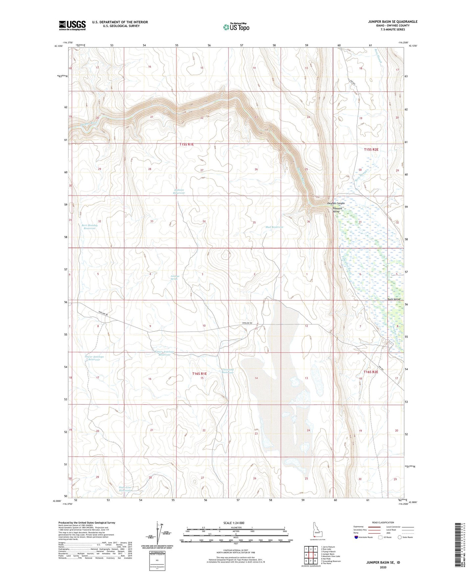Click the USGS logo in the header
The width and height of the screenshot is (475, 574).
(x=72, y=25)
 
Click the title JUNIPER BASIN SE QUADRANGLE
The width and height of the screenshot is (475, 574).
(x=392, y=22)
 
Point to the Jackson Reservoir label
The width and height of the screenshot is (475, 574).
(x=179, y=191)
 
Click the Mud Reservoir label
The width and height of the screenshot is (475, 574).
(x=274, y=227)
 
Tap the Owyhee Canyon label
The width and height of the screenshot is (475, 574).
(x=336, y=203)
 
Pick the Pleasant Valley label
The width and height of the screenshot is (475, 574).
(x=337, y=210)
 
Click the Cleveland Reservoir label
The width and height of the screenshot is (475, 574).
(x=227, y=371)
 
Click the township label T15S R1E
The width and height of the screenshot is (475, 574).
(x=189, y=144)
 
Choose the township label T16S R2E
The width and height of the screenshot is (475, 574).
(x=371, y=372)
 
